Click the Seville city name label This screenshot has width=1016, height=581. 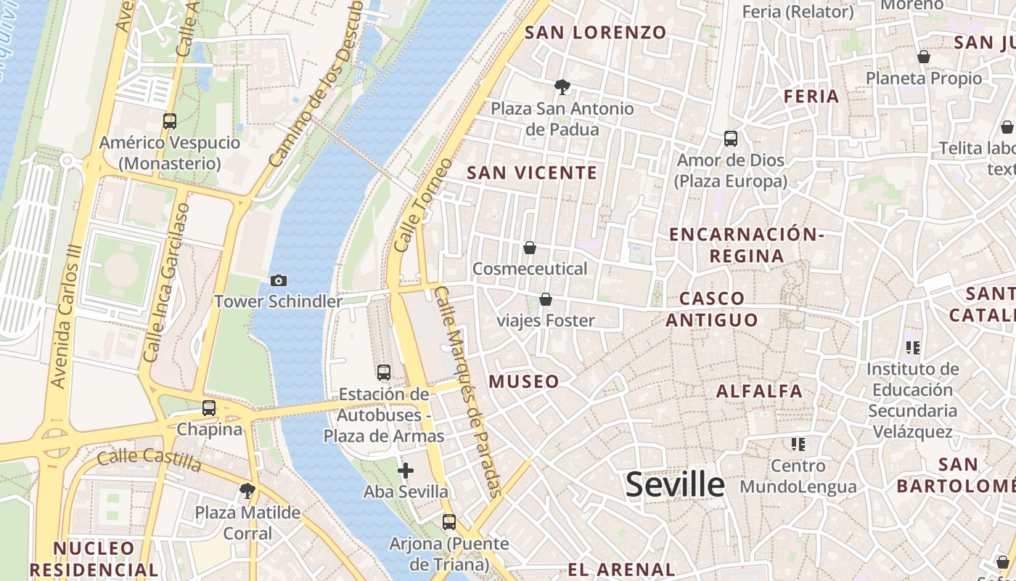[675, 484]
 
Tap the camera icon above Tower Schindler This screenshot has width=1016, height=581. [278, 280]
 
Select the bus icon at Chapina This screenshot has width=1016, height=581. [209, 408]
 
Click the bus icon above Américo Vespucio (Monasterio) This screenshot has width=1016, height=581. [170, 121]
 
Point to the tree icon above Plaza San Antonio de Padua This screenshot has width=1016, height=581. [562, 88]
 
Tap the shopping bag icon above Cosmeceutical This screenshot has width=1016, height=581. [530, 248]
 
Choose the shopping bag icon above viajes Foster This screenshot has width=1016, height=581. [546, 299]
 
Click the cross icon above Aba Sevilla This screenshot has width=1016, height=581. [406, 471]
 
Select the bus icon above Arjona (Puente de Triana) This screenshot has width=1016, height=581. [449, 521]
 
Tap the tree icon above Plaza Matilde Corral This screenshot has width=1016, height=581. [247, 491]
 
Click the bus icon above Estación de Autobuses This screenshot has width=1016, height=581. [384, 373]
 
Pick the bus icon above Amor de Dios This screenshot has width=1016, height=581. [731, 139]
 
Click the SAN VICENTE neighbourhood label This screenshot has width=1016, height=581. [532, 173]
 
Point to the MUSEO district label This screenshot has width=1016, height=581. [524, 382]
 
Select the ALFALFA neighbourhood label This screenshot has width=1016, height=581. [760, 391]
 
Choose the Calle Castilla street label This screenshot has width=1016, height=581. [149, 458]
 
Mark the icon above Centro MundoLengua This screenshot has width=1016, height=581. [798, 444]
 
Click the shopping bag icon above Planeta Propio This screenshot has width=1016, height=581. [924, 57]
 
